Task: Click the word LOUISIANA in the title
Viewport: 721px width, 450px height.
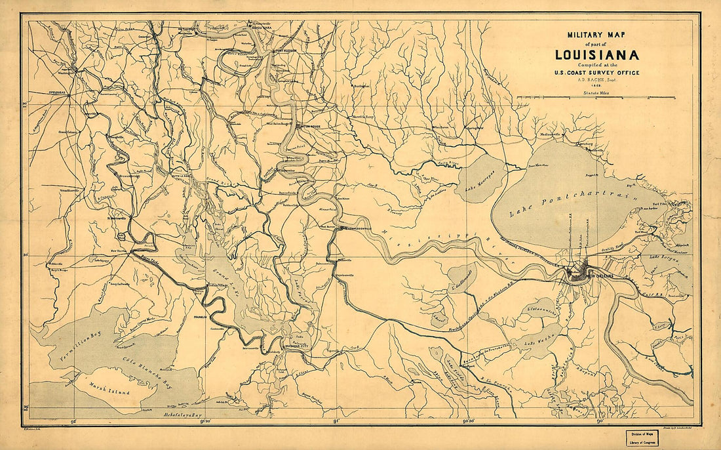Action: pyautogui.click(x=596, y=56)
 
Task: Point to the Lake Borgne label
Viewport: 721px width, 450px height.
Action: pyautogui.click(x=662, y=266)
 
